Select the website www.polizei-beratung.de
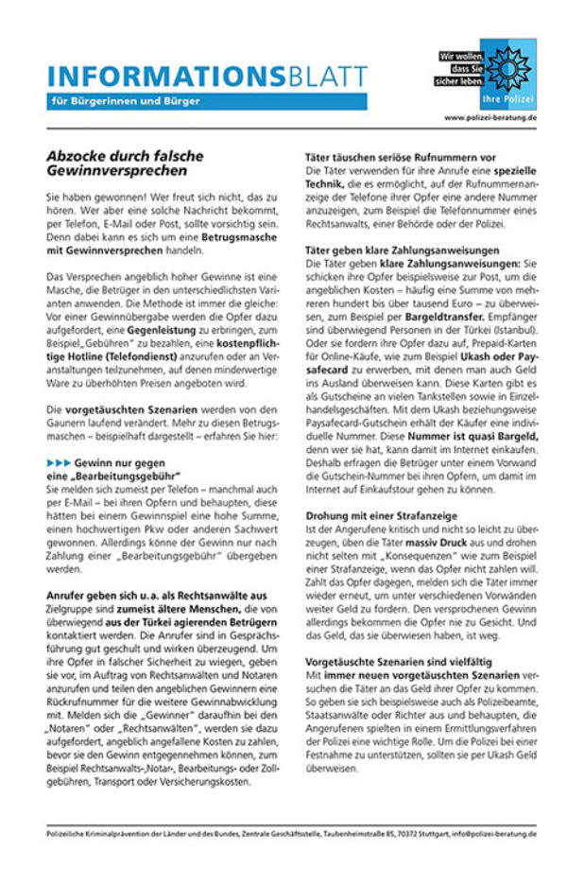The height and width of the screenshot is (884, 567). [x=490, y=118]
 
